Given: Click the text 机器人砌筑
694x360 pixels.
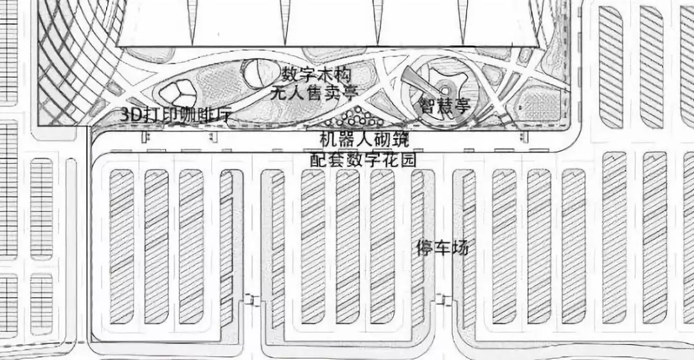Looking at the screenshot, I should [364, 138].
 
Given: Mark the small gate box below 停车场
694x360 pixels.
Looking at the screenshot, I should [441, 300].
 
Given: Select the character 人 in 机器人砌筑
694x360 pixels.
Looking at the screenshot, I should [364, 138].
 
